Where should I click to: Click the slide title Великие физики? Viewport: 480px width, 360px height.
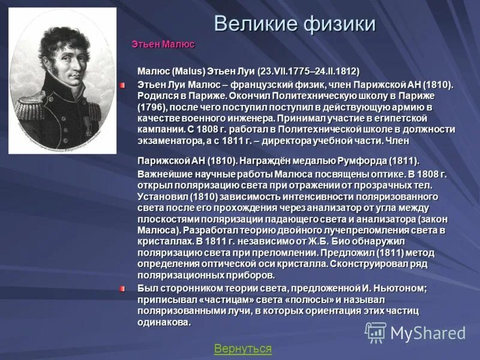tap(295, 23)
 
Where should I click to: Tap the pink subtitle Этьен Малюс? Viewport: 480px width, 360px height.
tap(163, 44)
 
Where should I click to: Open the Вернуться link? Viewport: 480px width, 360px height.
tap(242, 349)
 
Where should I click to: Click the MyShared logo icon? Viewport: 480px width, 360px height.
tap(376, 332)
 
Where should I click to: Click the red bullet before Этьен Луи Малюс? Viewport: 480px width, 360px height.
tap(122, 86)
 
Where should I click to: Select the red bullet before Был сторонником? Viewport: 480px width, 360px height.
tap(122, 289)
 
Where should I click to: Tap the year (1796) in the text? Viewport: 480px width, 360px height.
tap(154, 107)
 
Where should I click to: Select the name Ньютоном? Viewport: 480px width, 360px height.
tap(403, 288)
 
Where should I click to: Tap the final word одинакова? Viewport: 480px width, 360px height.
tap(164, 322)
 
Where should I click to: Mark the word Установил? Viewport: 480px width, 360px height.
tap(163, 196)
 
